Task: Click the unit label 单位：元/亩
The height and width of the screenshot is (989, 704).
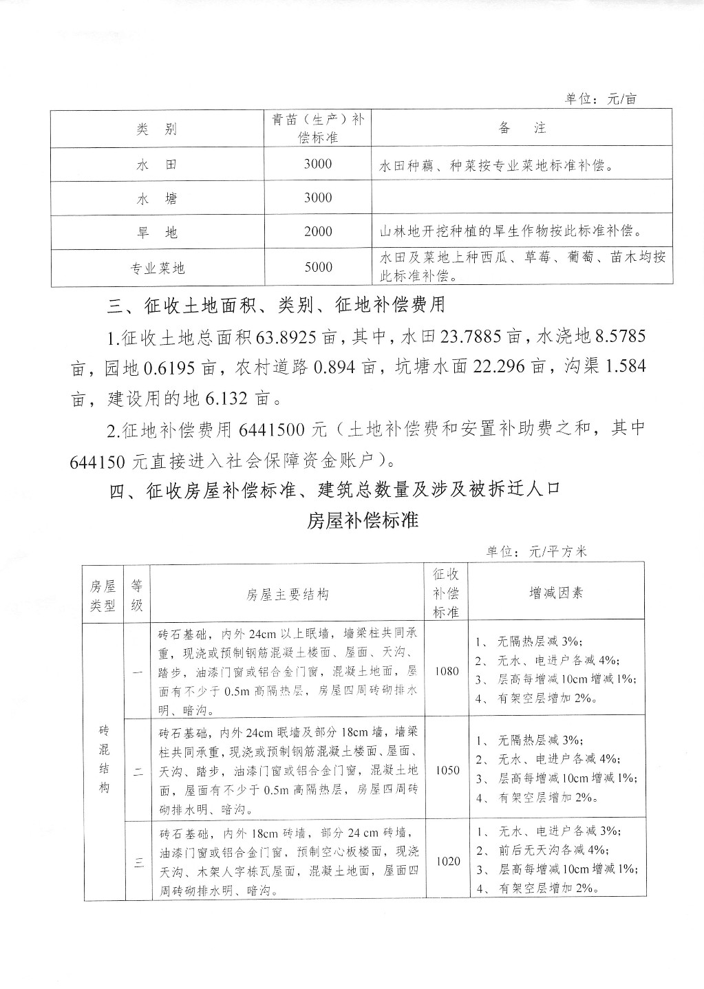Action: coord(600,99)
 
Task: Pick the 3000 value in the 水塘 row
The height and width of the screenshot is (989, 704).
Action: coord(318,198)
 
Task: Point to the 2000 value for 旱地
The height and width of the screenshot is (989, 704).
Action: coord(318,232)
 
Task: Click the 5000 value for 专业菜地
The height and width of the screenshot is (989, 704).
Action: coord(318,267)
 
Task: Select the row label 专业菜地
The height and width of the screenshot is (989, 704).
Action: coord(158,268)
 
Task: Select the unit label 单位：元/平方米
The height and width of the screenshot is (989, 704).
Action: coord(536,551)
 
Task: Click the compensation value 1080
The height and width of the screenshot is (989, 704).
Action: coord(447,671)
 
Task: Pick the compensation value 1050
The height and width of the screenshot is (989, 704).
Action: coord(447,770)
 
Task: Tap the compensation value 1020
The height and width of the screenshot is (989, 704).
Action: coord(447,861)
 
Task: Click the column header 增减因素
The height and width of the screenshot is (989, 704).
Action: coord(556,593)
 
